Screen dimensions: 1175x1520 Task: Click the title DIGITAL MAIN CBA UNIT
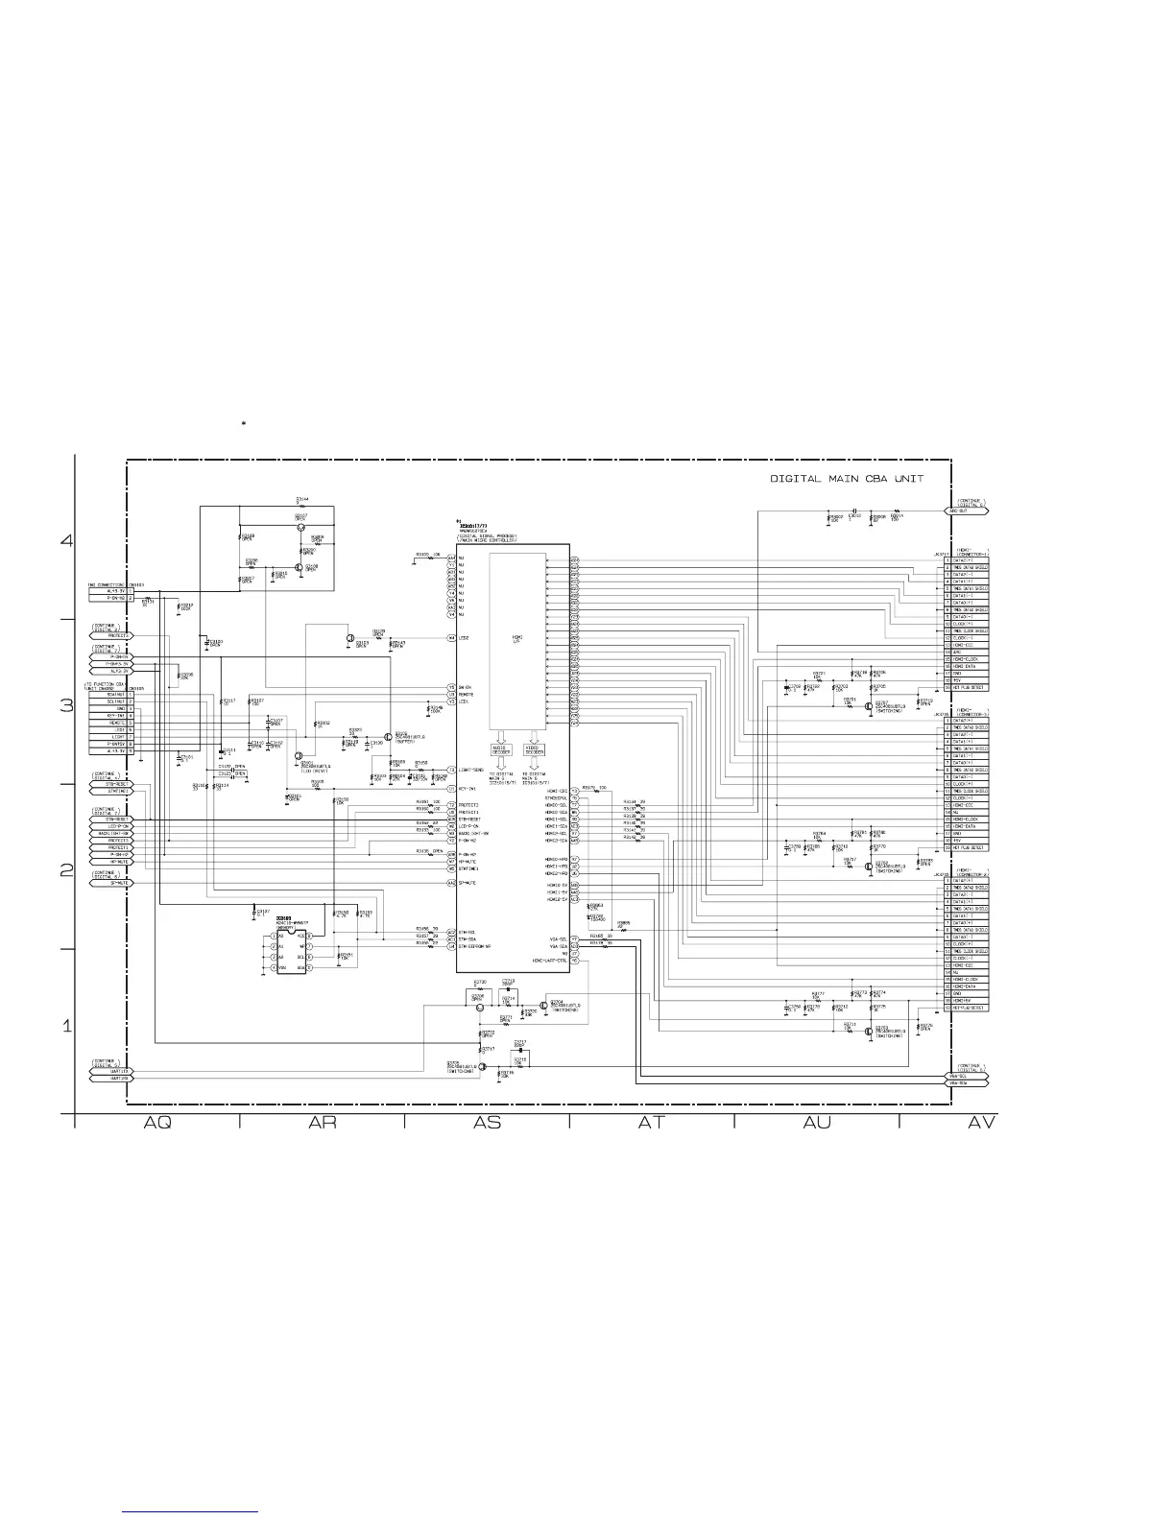[847, 479]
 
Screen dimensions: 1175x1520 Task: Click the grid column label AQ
[157, 1122]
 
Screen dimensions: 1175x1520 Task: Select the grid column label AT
[652, 1122]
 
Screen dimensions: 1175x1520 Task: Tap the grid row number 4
[66, 540]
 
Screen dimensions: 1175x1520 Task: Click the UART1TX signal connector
[113, 1070]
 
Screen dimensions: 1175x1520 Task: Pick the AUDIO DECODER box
[500, 748]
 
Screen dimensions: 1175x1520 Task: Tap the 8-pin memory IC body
[291, 951]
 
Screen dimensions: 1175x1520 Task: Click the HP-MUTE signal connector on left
[113, 862]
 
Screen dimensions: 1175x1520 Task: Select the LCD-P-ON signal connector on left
[113, 826]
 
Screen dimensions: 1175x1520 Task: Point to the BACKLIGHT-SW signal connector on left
[113, 833]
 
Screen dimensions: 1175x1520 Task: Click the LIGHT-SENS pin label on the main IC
[470, 770]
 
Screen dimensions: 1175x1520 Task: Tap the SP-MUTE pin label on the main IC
[468, 882]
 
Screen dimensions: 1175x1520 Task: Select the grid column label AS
[487, 1122]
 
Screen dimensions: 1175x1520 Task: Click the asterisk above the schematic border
[245, 422]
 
